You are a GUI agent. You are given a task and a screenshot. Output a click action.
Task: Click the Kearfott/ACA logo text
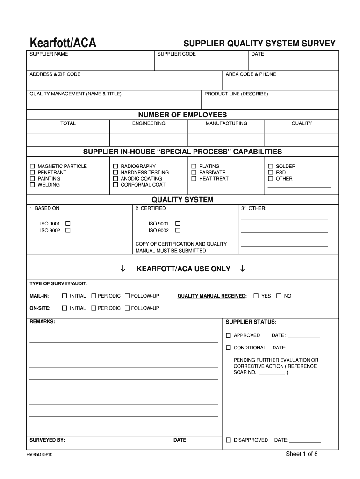pos(63,44)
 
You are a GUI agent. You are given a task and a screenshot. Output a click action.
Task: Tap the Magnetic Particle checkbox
pos(32,167)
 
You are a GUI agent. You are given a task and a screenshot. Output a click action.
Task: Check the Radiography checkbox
pos(115,167)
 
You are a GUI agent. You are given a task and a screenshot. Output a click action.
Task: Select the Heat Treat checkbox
pos(194,179)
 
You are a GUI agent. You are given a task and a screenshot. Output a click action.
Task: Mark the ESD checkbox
pos(270,173)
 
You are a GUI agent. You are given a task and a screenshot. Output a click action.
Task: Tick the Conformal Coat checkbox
pos(115,185)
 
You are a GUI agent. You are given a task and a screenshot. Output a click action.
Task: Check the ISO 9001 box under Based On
pos(68,224)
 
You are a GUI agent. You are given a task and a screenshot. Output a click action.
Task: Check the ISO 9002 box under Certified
pos(177,230)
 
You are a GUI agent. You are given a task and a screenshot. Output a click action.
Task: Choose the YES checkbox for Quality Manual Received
pos(256,296)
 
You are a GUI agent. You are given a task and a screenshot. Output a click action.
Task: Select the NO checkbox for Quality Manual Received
pos(279,296)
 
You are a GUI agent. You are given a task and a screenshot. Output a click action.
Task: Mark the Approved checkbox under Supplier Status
pos(228,335)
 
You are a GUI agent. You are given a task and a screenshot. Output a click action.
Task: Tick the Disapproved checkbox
pos(228,440)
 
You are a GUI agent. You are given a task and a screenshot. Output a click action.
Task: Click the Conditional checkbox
pos(228,348)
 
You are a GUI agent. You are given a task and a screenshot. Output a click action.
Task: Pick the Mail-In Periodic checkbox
pos(94,296)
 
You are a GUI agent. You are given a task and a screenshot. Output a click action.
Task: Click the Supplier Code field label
pos(176,54)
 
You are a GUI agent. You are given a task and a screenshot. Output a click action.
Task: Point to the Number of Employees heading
pos(182,115)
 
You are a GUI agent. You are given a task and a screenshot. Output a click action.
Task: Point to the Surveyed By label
pos(47,440)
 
